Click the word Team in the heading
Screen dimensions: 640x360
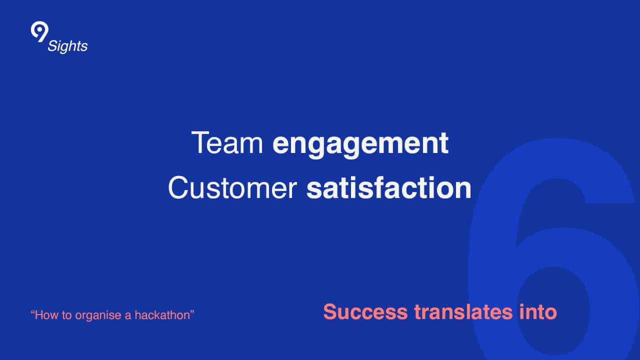[x=227, y=142]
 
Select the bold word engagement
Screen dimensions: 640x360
[x=360, y=145]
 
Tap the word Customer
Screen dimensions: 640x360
[x=232, y=187]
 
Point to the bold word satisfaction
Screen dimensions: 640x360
[x=389, y=187]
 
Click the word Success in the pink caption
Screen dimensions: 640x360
[x=365, y=311]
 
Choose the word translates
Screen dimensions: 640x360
[x=463, y=311]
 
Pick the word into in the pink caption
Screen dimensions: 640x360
[x=538, y=311]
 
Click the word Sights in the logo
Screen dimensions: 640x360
[x=67, y=46]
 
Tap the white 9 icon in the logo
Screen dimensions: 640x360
[x=39, y=31]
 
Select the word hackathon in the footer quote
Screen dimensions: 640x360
[x=162, y=315]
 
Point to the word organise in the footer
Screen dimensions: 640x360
[x=98, y=315]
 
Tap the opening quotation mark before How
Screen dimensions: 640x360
[x=32, y=312]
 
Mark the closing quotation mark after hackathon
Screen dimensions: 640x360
[x=192, y=312]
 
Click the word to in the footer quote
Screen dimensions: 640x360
[x=66, y=315]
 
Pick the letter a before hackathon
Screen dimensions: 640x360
[x=128, y=316]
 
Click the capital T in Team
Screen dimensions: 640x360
[x=200, y=142]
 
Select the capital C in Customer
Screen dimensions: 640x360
[x=179, y=187]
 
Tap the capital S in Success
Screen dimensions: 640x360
[x=330, y=311]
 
